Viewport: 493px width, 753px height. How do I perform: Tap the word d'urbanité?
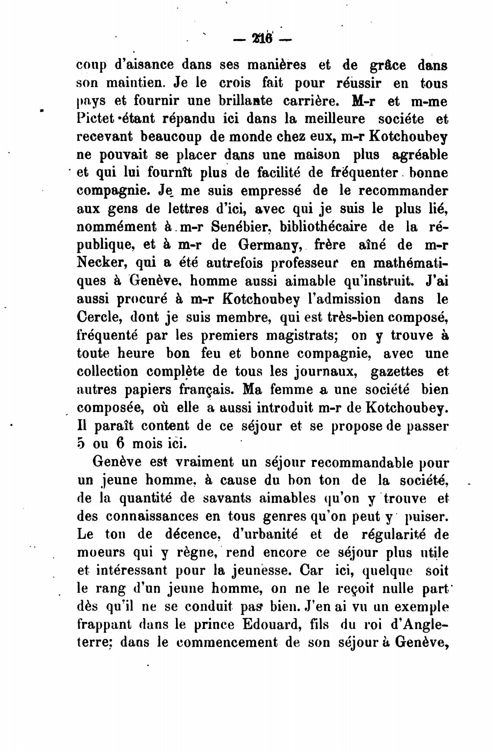pyautogui.click(x=265, y=534)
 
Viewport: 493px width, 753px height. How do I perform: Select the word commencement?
pyautogui.click(x=227, y=643)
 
